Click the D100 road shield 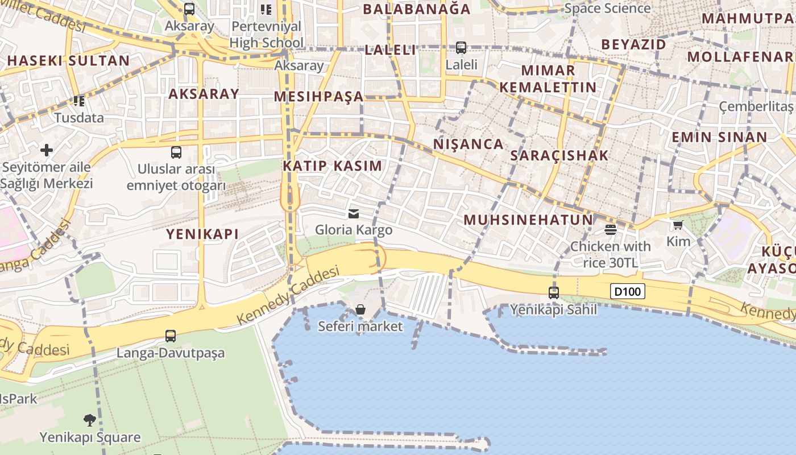[628, 292]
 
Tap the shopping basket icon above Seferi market [360, 309]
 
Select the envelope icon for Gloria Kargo [354, 214]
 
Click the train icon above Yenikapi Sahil [553, 293]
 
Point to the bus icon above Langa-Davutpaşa [171, 336]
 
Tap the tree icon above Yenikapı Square [89, 420]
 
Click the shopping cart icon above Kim [678, 225]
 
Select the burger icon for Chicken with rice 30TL [611, 230]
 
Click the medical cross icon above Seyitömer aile [47, 150]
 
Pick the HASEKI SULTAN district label [68, 61]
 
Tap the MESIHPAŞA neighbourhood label [318, 97]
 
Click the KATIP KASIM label [333, 166]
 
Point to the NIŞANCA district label [469, 144]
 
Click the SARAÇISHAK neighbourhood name [559, 155]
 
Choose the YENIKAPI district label [202, 234]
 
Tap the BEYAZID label [633, 44]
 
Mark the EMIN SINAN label [719, 137]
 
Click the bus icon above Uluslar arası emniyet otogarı [176, 152]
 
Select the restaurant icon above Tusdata [79, 101]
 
